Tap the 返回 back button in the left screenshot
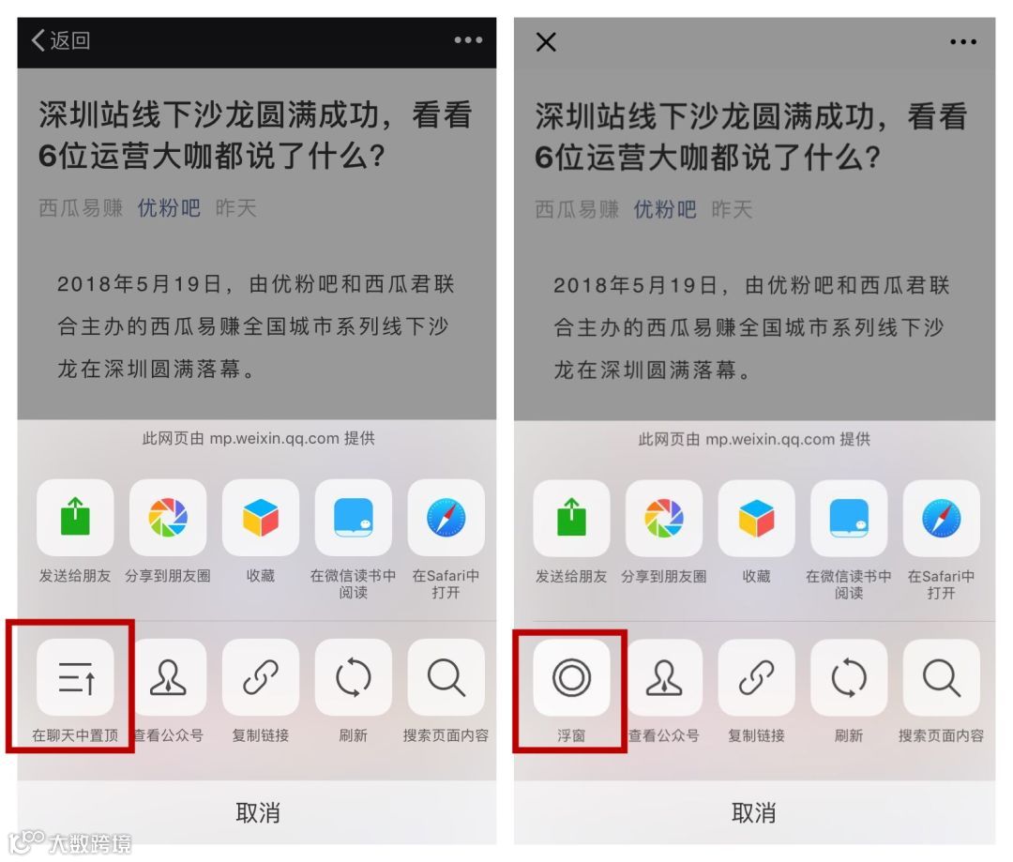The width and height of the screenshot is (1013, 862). (61, 40)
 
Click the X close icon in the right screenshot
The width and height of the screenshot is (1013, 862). (546, 42)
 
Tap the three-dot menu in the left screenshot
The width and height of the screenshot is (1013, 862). (468, 40)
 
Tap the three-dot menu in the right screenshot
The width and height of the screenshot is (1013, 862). (963, 42)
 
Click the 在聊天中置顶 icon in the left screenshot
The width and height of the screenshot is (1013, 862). (76, 677)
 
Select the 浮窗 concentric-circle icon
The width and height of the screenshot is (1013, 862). (572, 678)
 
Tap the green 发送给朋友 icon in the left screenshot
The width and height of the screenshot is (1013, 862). (76, 517)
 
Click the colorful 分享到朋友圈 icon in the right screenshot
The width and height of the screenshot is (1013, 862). (664, 519)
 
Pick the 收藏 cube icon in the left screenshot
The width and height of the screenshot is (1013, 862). (261, 517)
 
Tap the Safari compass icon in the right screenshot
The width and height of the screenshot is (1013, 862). (942, 519)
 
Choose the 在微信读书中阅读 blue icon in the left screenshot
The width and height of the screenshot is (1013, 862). (354, 517)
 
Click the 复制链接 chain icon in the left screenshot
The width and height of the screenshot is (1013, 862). (261, 677)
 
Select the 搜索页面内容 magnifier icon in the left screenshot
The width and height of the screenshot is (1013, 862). (446, 677)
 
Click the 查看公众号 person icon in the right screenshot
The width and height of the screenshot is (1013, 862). (664, 678)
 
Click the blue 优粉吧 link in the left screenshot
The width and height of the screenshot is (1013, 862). (169, 208)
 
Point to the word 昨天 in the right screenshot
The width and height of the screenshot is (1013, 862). (732, 209)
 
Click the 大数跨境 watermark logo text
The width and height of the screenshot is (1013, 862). (90, 844)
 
